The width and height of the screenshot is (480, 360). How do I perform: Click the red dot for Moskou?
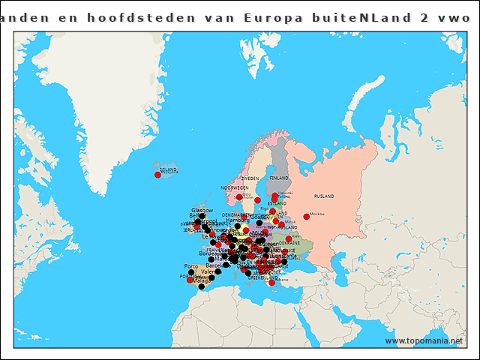tap(306, 217)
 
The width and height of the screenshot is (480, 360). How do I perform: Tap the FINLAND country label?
tap(278, 178)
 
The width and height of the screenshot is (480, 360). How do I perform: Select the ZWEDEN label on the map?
tap(250, 178)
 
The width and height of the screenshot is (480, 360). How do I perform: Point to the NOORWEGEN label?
tap(234, 187)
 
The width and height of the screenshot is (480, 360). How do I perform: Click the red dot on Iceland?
tap(157, 175)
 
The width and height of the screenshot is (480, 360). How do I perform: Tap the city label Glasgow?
tap(202, 210)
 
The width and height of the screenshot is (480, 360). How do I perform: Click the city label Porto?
tap(191, 266)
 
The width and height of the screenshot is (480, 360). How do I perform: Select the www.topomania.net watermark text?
tap(424, 340)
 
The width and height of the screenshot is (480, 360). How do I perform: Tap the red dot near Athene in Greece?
tap(271, 283)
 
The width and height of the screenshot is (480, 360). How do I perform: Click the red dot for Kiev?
tap(289, 238)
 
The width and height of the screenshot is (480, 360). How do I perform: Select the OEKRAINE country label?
tap(289, 243)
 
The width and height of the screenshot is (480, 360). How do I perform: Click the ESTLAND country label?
tap(277, 203)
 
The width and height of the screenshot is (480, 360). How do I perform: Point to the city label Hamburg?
tap(237, 220)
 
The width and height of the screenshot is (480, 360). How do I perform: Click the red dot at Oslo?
tap(239, 197)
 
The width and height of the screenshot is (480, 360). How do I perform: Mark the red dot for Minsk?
tap(281, 224)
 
